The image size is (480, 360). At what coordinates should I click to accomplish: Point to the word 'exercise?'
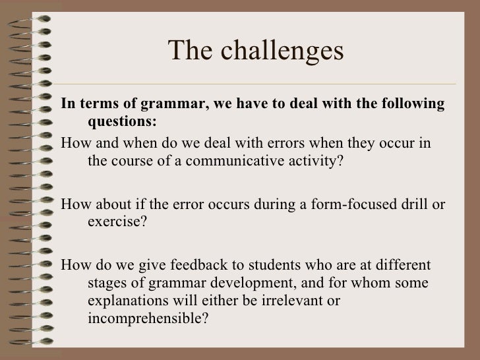(114, 221)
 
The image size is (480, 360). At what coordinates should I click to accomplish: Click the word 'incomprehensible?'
(148, 318)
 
